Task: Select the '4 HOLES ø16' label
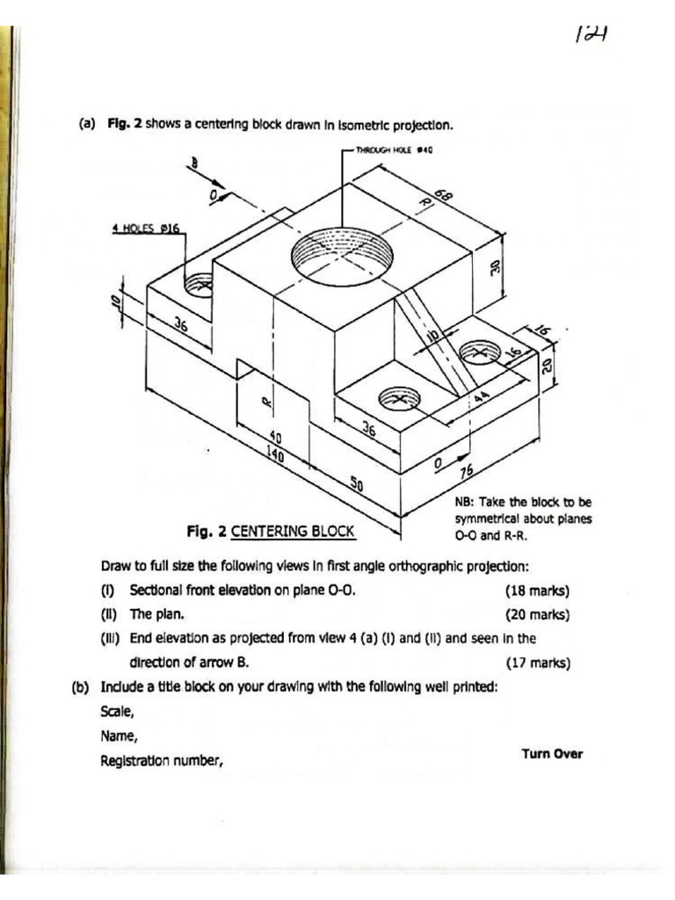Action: click(x=145, y=228)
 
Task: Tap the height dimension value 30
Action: click(x=494, y=267)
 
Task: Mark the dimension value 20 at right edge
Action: click(x=546, y=362)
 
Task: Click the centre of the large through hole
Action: click(x=341, y=255)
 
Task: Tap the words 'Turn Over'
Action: click(x=552, y=753)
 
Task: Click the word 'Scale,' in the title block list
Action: click(x=119, y=712)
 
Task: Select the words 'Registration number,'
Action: click(x=162, y=761)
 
